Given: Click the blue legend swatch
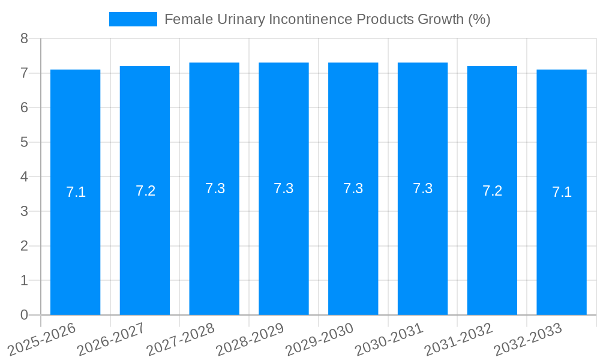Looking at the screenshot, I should [x=133, y=19].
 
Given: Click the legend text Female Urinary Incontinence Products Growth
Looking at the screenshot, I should [x=327, y=19].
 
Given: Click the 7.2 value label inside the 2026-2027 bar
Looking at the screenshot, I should [x=145, y=191].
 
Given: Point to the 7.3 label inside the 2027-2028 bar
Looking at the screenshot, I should [x=215, y=188].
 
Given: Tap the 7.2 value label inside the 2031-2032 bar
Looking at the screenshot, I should [x=492, y=191].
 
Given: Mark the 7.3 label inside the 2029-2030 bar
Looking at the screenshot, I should [x=353, y=188].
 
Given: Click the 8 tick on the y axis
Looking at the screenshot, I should [x=24, y=38].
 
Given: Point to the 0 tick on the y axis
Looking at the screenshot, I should [x=24, y=315].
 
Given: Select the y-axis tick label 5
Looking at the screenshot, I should [x=24, y=142].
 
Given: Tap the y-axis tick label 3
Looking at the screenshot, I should [x=24, y=211].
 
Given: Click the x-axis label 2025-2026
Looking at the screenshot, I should [x=41, y=338].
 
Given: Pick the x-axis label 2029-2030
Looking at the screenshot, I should [x=319, y=338].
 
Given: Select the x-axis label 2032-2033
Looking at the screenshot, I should [x=527, y=338].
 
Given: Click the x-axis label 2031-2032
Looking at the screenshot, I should [x=458, y=338].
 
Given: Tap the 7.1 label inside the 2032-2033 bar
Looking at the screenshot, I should [x=562, y=192].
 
